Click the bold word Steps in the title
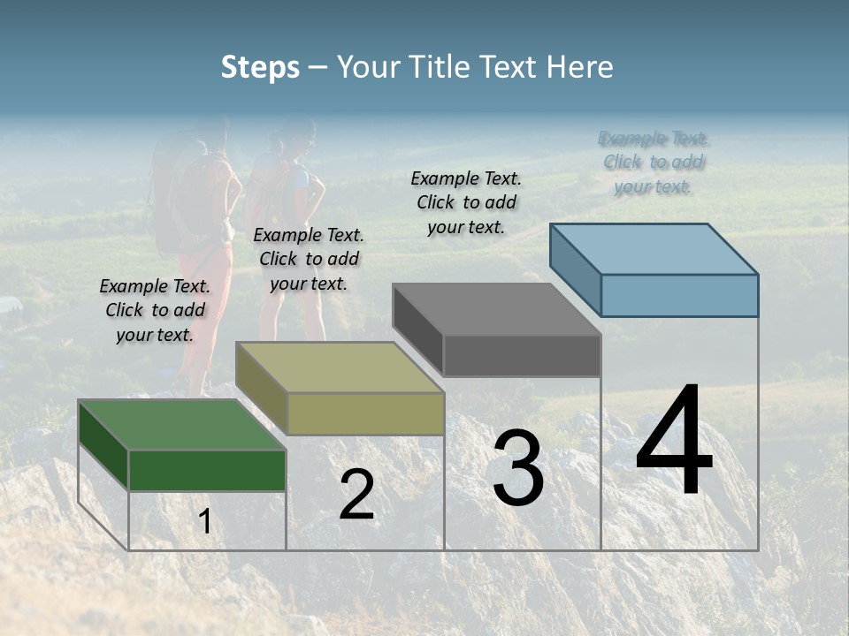260,67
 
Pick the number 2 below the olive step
356,495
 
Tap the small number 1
205,522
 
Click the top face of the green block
181,425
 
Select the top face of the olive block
339,367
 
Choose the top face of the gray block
496,309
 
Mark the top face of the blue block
654,249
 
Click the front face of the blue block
679,295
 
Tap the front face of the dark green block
207,470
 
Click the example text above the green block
155,310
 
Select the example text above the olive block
309,259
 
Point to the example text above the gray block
466,202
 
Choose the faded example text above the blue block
654,163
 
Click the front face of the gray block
522,355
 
